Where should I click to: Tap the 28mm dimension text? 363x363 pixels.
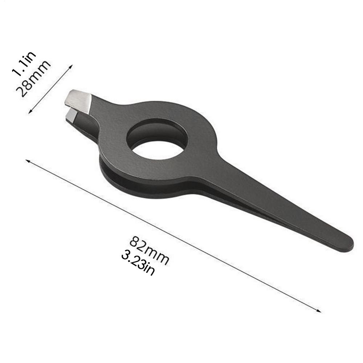[33, 78]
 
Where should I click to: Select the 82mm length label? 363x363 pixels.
[149, 251]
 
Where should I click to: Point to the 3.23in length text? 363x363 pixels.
[138, 264]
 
